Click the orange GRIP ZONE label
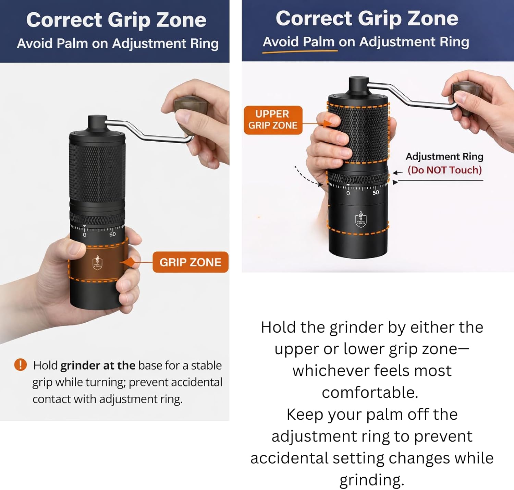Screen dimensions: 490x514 coord(190,262)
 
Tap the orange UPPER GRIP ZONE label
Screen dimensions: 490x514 coord(273,120)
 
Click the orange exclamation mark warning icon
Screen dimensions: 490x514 coord(20,364)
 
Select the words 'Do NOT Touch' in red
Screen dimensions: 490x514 coord(444,170)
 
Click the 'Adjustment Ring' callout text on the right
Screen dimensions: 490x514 coord(444,156)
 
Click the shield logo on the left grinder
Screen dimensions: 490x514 coord(97,263)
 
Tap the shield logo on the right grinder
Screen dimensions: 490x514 coord(360,220)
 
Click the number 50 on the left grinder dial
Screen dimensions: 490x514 coord(112,235)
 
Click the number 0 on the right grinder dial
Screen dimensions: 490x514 coord(348,193)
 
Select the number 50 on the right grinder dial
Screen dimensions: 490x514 coord(376,193)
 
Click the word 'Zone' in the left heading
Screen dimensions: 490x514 coord(181,20)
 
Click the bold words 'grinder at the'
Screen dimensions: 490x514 coord(98,366)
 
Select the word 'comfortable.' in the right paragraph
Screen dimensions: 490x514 coord(370,393)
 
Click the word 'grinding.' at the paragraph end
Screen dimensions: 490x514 coord(372,480)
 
